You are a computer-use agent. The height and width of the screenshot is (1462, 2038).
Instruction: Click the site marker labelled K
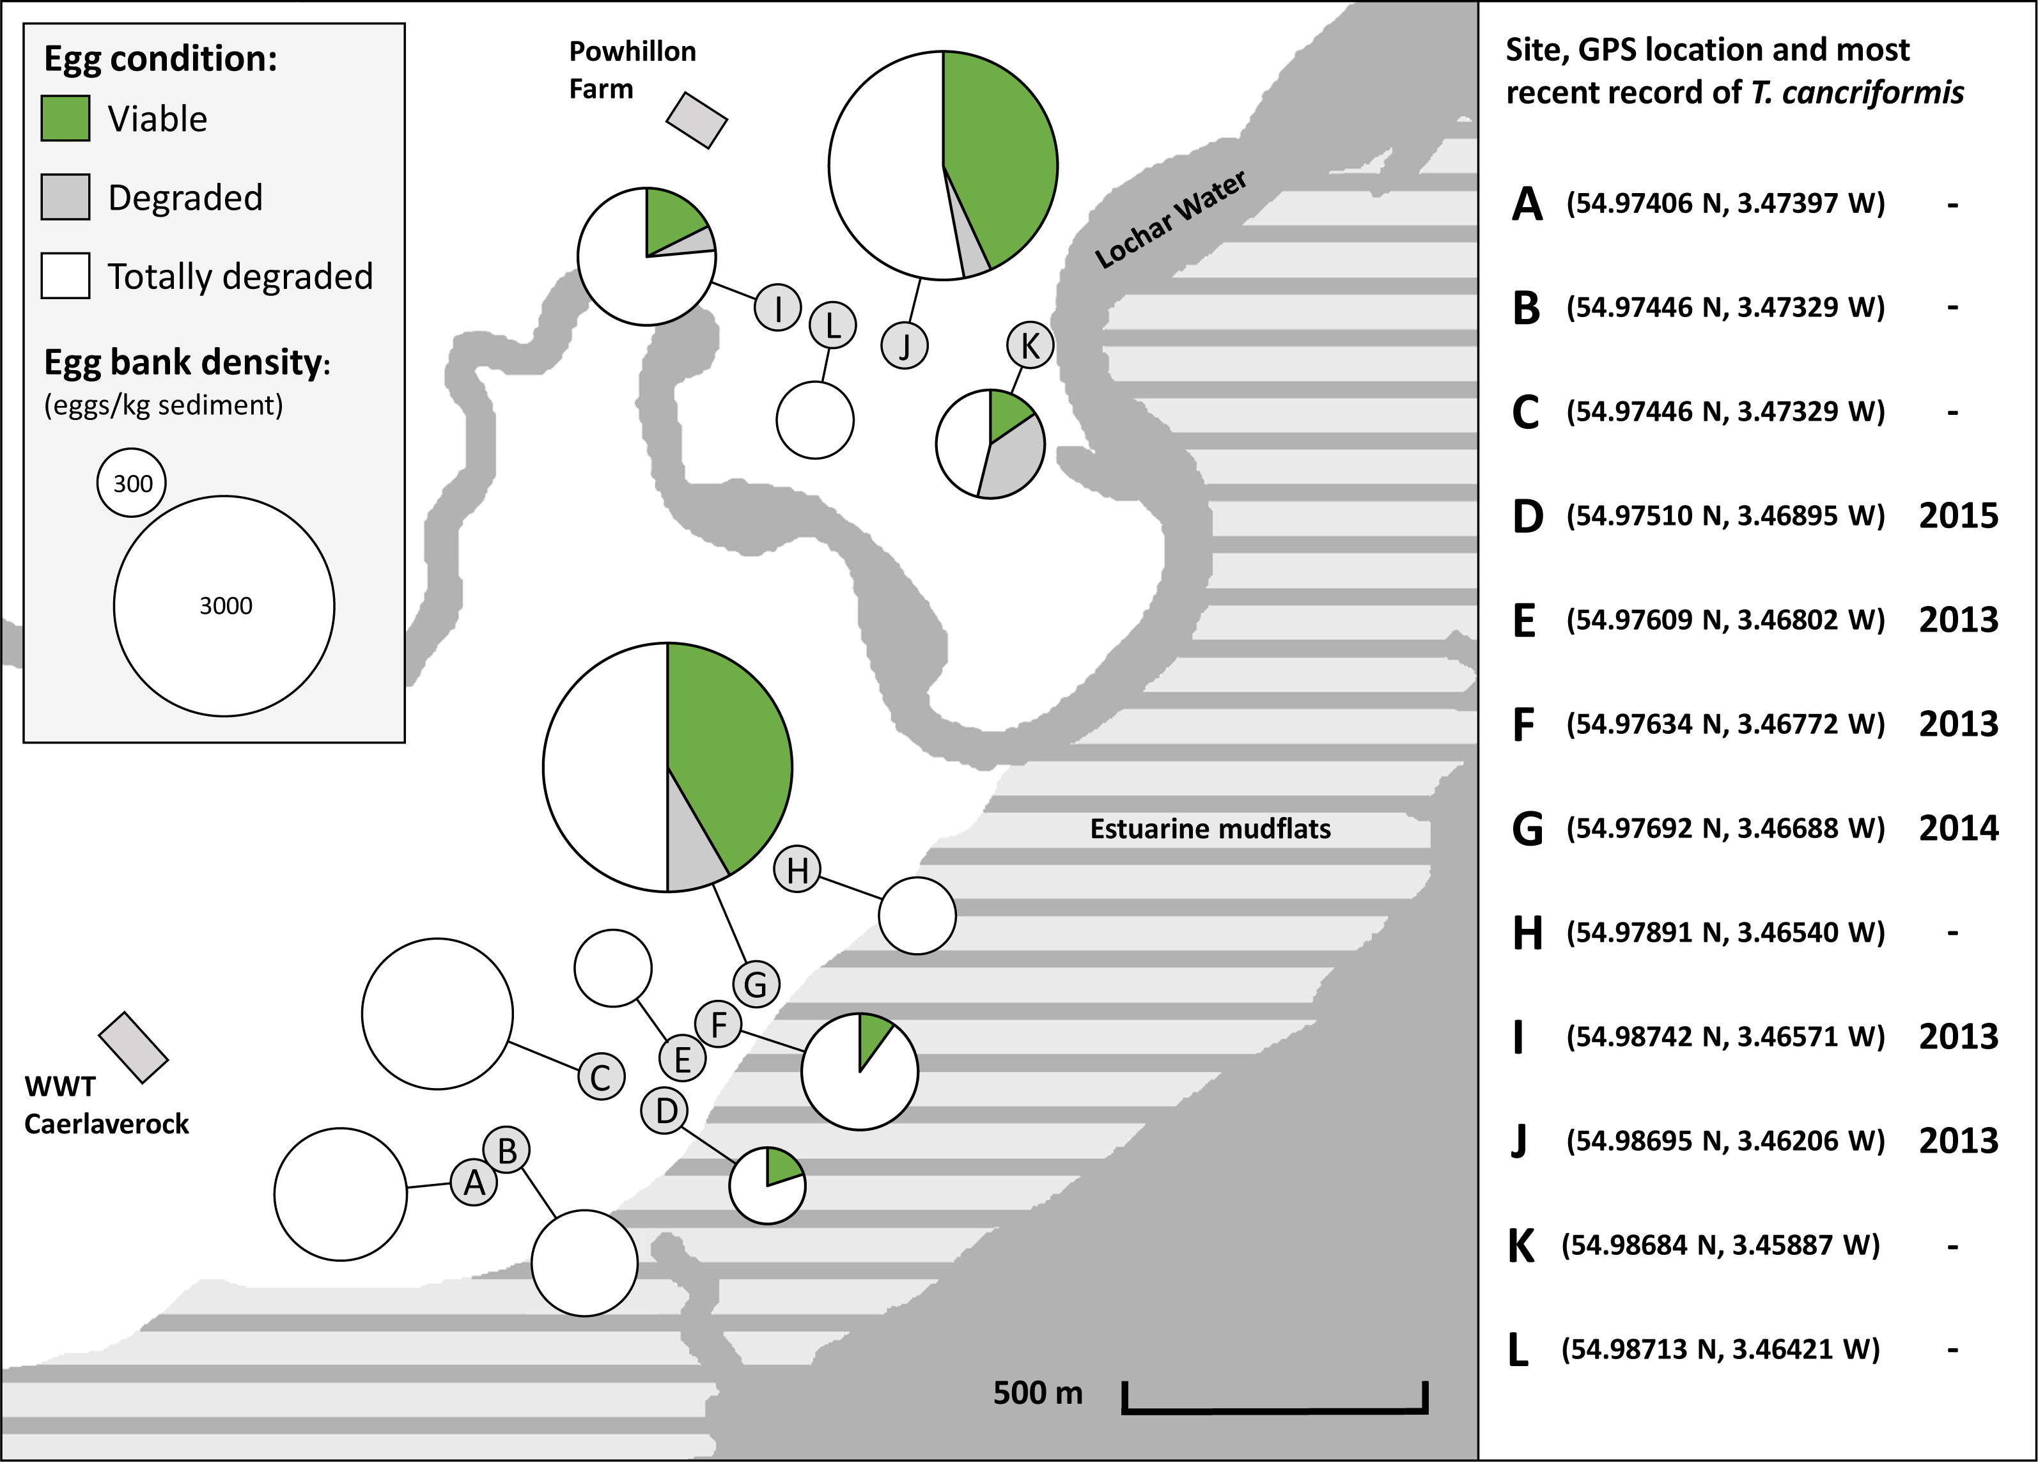click(x=1030, y=345)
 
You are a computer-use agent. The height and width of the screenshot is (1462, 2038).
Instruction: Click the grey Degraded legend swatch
click(x=66, y=197)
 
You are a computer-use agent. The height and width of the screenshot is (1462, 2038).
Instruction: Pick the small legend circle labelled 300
click(x=132, y=483)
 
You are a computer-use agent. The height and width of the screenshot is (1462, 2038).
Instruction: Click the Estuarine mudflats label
click(x=1210, y=828)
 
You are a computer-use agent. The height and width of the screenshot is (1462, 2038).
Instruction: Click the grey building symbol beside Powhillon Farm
click(x=696, y=120)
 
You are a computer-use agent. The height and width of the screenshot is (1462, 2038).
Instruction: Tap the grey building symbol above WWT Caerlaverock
click(x=133, y=1048)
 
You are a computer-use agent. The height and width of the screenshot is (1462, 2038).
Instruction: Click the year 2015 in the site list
click(x=1958, y=516)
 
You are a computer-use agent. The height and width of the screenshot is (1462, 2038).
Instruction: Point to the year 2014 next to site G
click(x=1958, y=828)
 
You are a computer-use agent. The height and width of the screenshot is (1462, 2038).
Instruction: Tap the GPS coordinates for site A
click(x=1725, y=204)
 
